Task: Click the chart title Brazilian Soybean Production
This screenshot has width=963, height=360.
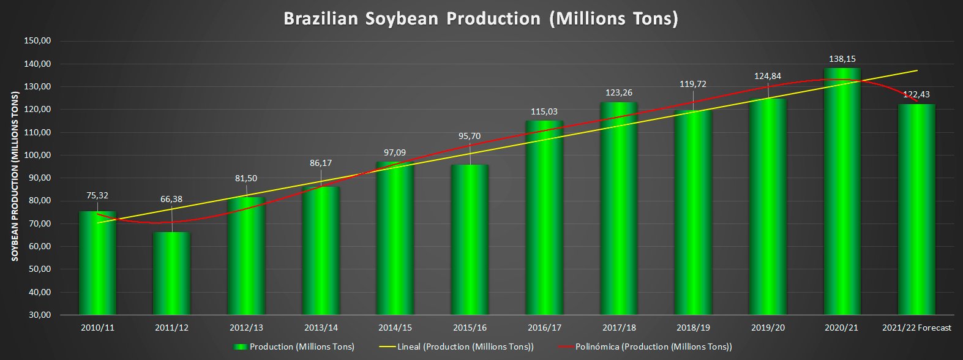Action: coord(481,18)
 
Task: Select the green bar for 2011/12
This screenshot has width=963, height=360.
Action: coord(172,273)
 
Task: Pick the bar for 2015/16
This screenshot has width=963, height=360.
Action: coord(470,239)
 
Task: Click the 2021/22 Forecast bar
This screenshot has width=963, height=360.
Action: coord(916,209)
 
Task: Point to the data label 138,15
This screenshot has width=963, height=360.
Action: coord(842,59)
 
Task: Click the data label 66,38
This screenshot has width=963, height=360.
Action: coord(172,199)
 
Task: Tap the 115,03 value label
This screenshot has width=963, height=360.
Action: coord(544,111)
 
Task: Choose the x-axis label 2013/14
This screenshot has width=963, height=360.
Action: coord(321,328)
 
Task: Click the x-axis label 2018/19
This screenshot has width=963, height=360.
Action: coord(693,328)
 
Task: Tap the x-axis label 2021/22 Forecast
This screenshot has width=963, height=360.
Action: coord(916,328)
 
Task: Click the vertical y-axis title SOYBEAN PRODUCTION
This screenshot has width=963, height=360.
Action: coord(14,176)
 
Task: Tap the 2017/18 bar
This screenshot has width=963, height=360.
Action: coord(619,208)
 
